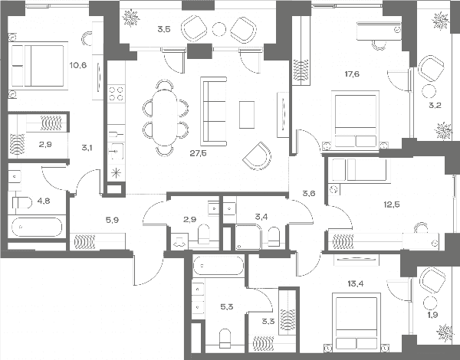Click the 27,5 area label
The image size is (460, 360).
click(x=198, y=153)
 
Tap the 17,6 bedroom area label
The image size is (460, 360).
click(x=352, y=74)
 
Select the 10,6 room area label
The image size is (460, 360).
click(x=78, y=65)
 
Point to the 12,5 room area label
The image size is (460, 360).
click(x=392, y=205)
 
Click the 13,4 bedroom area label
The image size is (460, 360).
click(x=355, y=283)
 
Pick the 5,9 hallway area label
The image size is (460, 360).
click(x=112, y=220)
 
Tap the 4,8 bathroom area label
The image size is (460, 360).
click(x=44, y=201)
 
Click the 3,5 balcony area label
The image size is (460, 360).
click(x=164, y=29)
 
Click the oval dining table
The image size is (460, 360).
click(x=166, y=117)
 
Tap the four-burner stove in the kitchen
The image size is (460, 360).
click(x=117, y=93)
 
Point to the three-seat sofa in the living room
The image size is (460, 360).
click(x=214, y=111)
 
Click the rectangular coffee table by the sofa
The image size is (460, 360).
click(x=247, y=115)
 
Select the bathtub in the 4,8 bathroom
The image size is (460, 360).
click(x=37, y=227)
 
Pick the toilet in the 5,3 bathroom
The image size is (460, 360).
click(x=225, y=338)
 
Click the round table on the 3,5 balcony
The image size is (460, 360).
click(x=219, y=29)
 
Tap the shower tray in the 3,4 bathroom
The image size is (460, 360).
click(x=248, y=237)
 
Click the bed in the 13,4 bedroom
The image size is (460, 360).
click(x=356, y=322)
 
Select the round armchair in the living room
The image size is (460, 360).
click(x=257, y=155)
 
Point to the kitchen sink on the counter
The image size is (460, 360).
click(x=117, y=152)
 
